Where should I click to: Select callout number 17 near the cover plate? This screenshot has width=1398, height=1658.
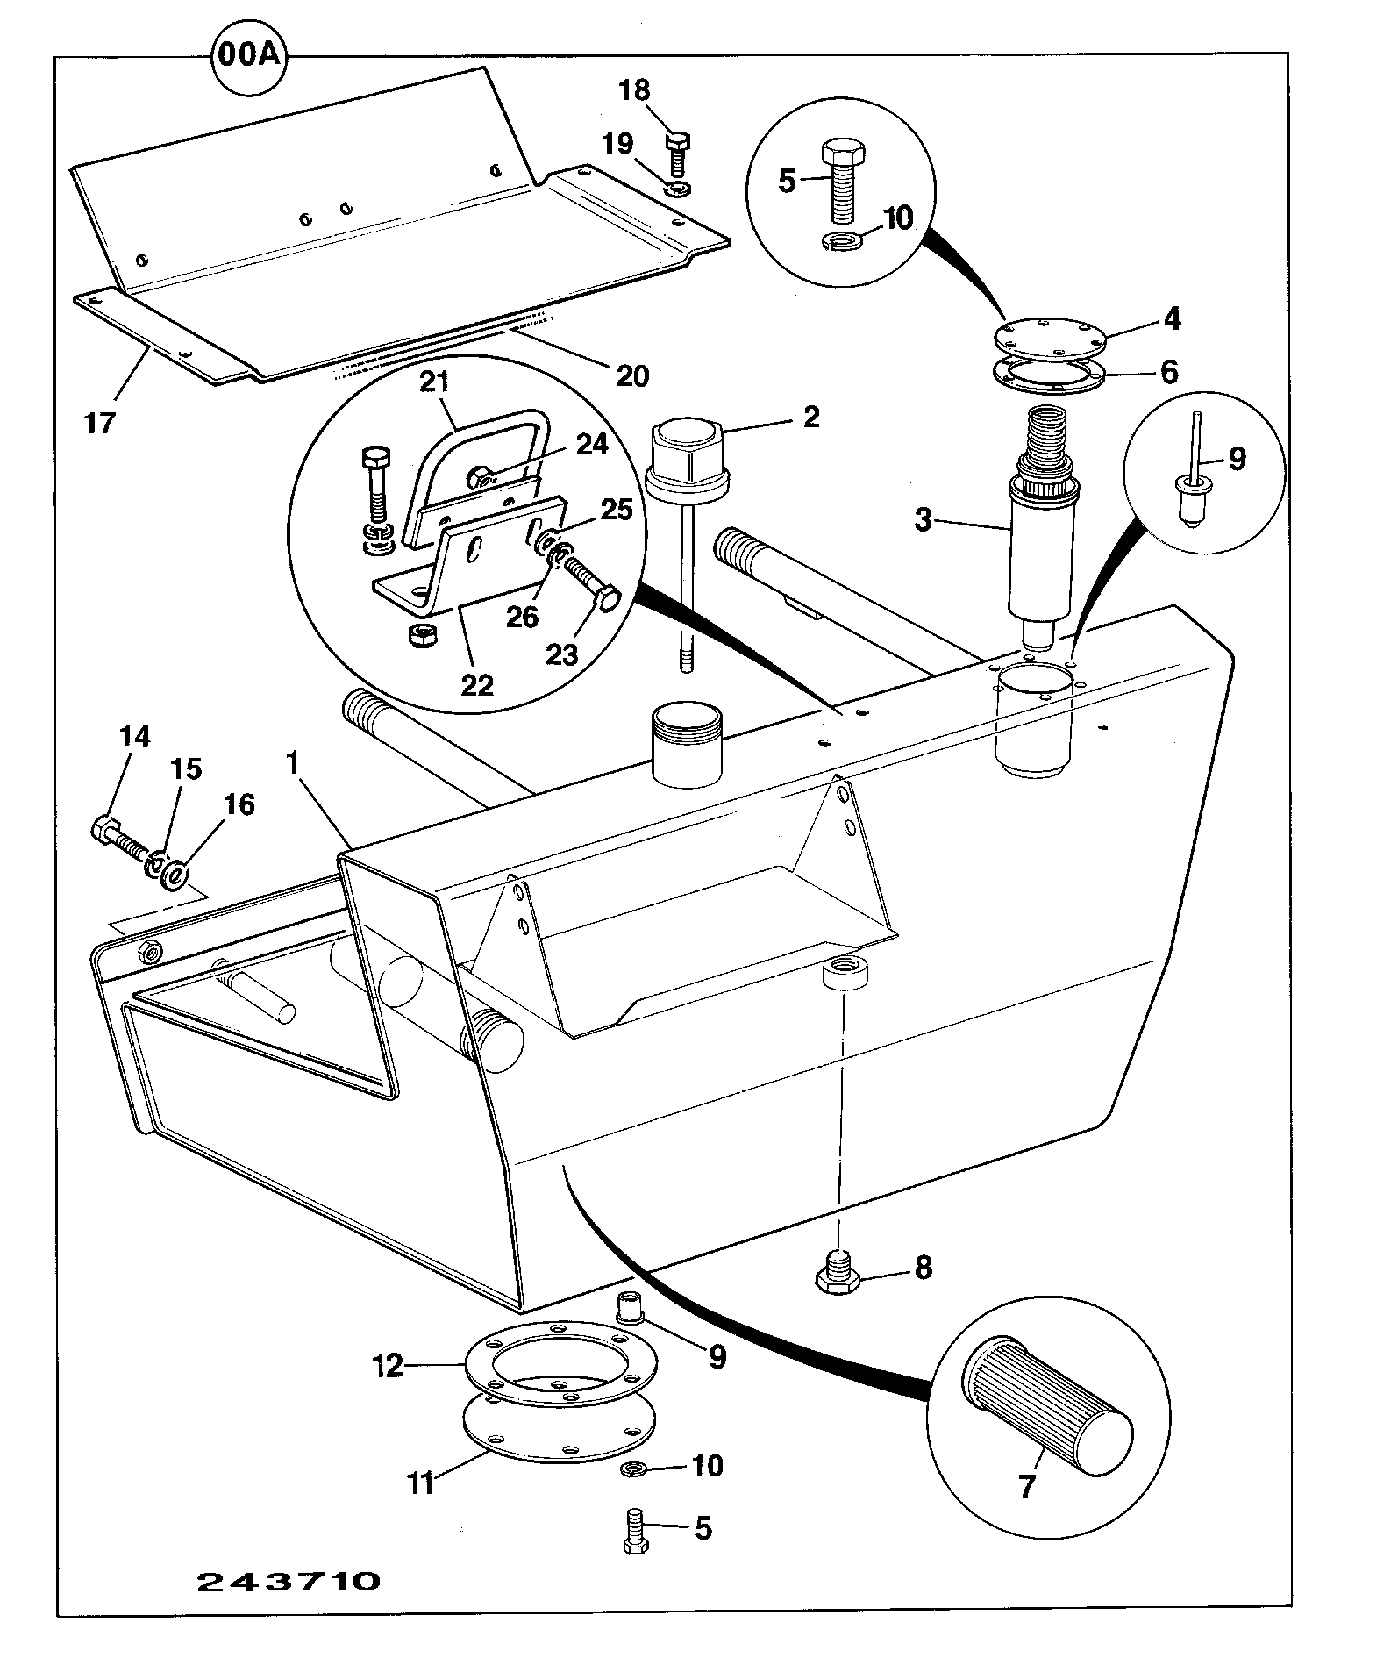100,423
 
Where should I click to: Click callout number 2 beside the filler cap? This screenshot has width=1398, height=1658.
811,417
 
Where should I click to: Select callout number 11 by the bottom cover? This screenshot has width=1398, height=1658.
422,1483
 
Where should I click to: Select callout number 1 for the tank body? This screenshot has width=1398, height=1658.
293,762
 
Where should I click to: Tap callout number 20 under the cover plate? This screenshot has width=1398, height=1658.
632,376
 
